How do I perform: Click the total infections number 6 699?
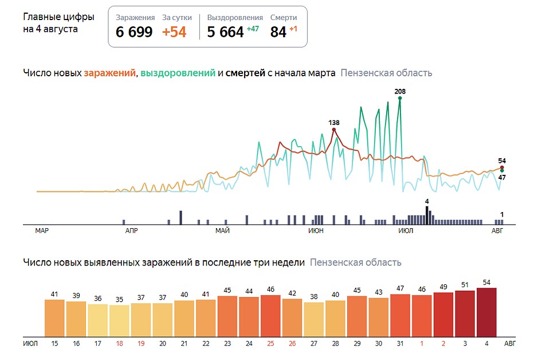pyautogui.click(x=134, y=32)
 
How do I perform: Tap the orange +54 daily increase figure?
pyautogui.click(x=174, y=32)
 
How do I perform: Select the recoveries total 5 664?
pyautogui.click(x=225, y=32)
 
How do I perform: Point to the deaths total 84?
pyautogui.click(x=278, y=32)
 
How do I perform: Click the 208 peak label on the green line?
pyautogui.click(x=400, y=91)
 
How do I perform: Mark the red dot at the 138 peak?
pyautogui.click(x=334, y=130)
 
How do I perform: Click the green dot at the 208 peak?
pyautogui.click(x=400, y=99)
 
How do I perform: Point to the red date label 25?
pyautogui.click(x=270, y=343)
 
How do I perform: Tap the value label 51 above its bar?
pyautogui.click(x=465, y=285)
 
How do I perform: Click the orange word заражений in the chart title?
pyautogui.click(x=110, y=73)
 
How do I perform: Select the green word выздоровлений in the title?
pyautogui.click(x=178, y=73)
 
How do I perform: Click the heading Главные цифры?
pyautogui.click(x=58, y=17)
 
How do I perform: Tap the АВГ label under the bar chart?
pyautogui.click(x=509, y=343)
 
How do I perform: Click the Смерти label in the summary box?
pyautogui.click(x=284, y=18)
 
